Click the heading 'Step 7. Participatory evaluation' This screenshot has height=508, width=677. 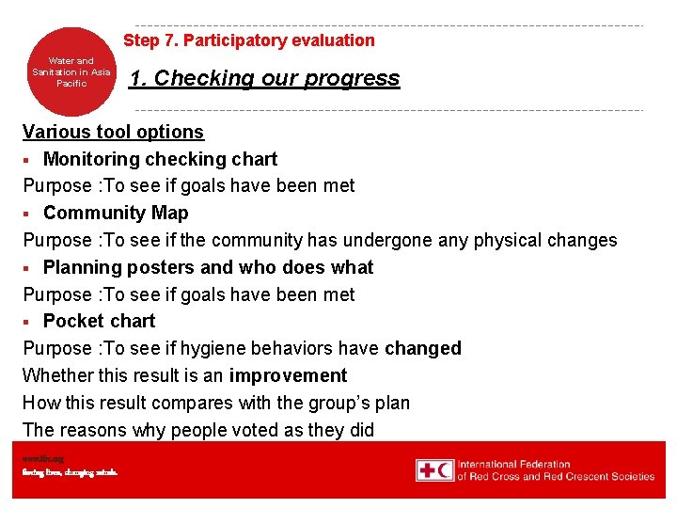click(x=249, y=40)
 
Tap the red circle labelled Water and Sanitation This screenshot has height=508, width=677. click(x=71, y=72)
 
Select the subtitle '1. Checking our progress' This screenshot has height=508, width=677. click(x=264, y=78)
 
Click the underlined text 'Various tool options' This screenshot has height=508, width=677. click(x=113, y=132)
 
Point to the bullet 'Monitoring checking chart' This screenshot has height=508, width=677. click(x=160, y=159)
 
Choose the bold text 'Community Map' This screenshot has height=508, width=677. click(x=116, y=213)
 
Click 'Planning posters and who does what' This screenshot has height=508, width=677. click(x=208, y=267)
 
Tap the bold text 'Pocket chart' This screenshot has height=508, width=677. click(x=99, y=321)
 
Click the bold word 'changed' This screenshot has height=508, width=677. click(x=423, y=348)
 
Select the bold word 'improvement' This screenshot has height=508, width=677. click(x=288, y=375)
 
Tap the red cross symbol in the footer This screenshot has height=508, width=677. click(x=426, y=469)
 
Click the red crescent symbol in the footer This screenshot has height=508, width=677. click(x=445, y=469)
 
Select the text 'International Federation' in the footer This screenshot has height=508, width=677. click(x=513, y=464)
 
